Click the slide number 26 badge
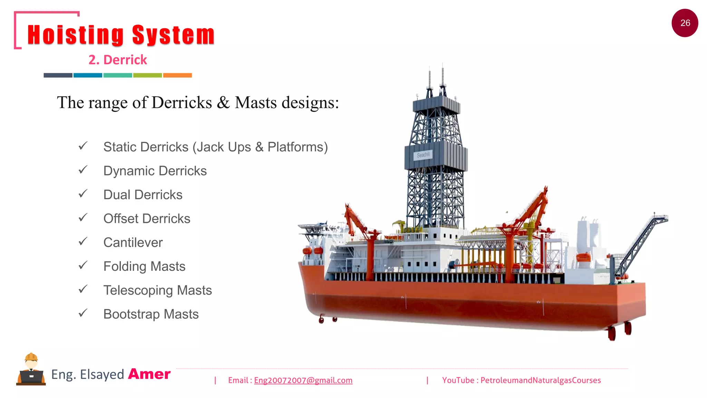[685, 23]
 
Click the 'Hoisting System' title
[121, 35]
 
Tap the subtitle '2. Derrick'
[118, 60]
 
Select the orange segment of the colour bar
[177, 75]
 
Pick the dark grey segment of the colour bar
[58, 75]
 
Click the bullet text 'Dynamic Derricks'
[155, 171]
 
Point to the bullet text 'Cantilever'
[133, 243]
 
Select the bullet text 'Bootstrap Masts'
[151, 314]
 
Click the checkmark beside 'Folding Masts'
[83, 265]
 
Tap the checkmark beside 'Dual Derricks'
[83, 194]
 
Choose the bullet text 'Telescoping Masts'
[157, 290]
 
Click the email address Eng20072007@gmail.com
[303, 380]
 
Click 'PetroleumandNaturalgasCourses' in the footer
[541, 380]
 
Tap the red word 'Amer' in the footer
[149, 374]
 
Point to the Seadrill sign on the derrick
[423, 155]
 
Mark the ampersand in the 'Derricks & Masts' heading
[223, 103]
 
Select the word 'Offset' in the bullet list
[120, 219]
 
